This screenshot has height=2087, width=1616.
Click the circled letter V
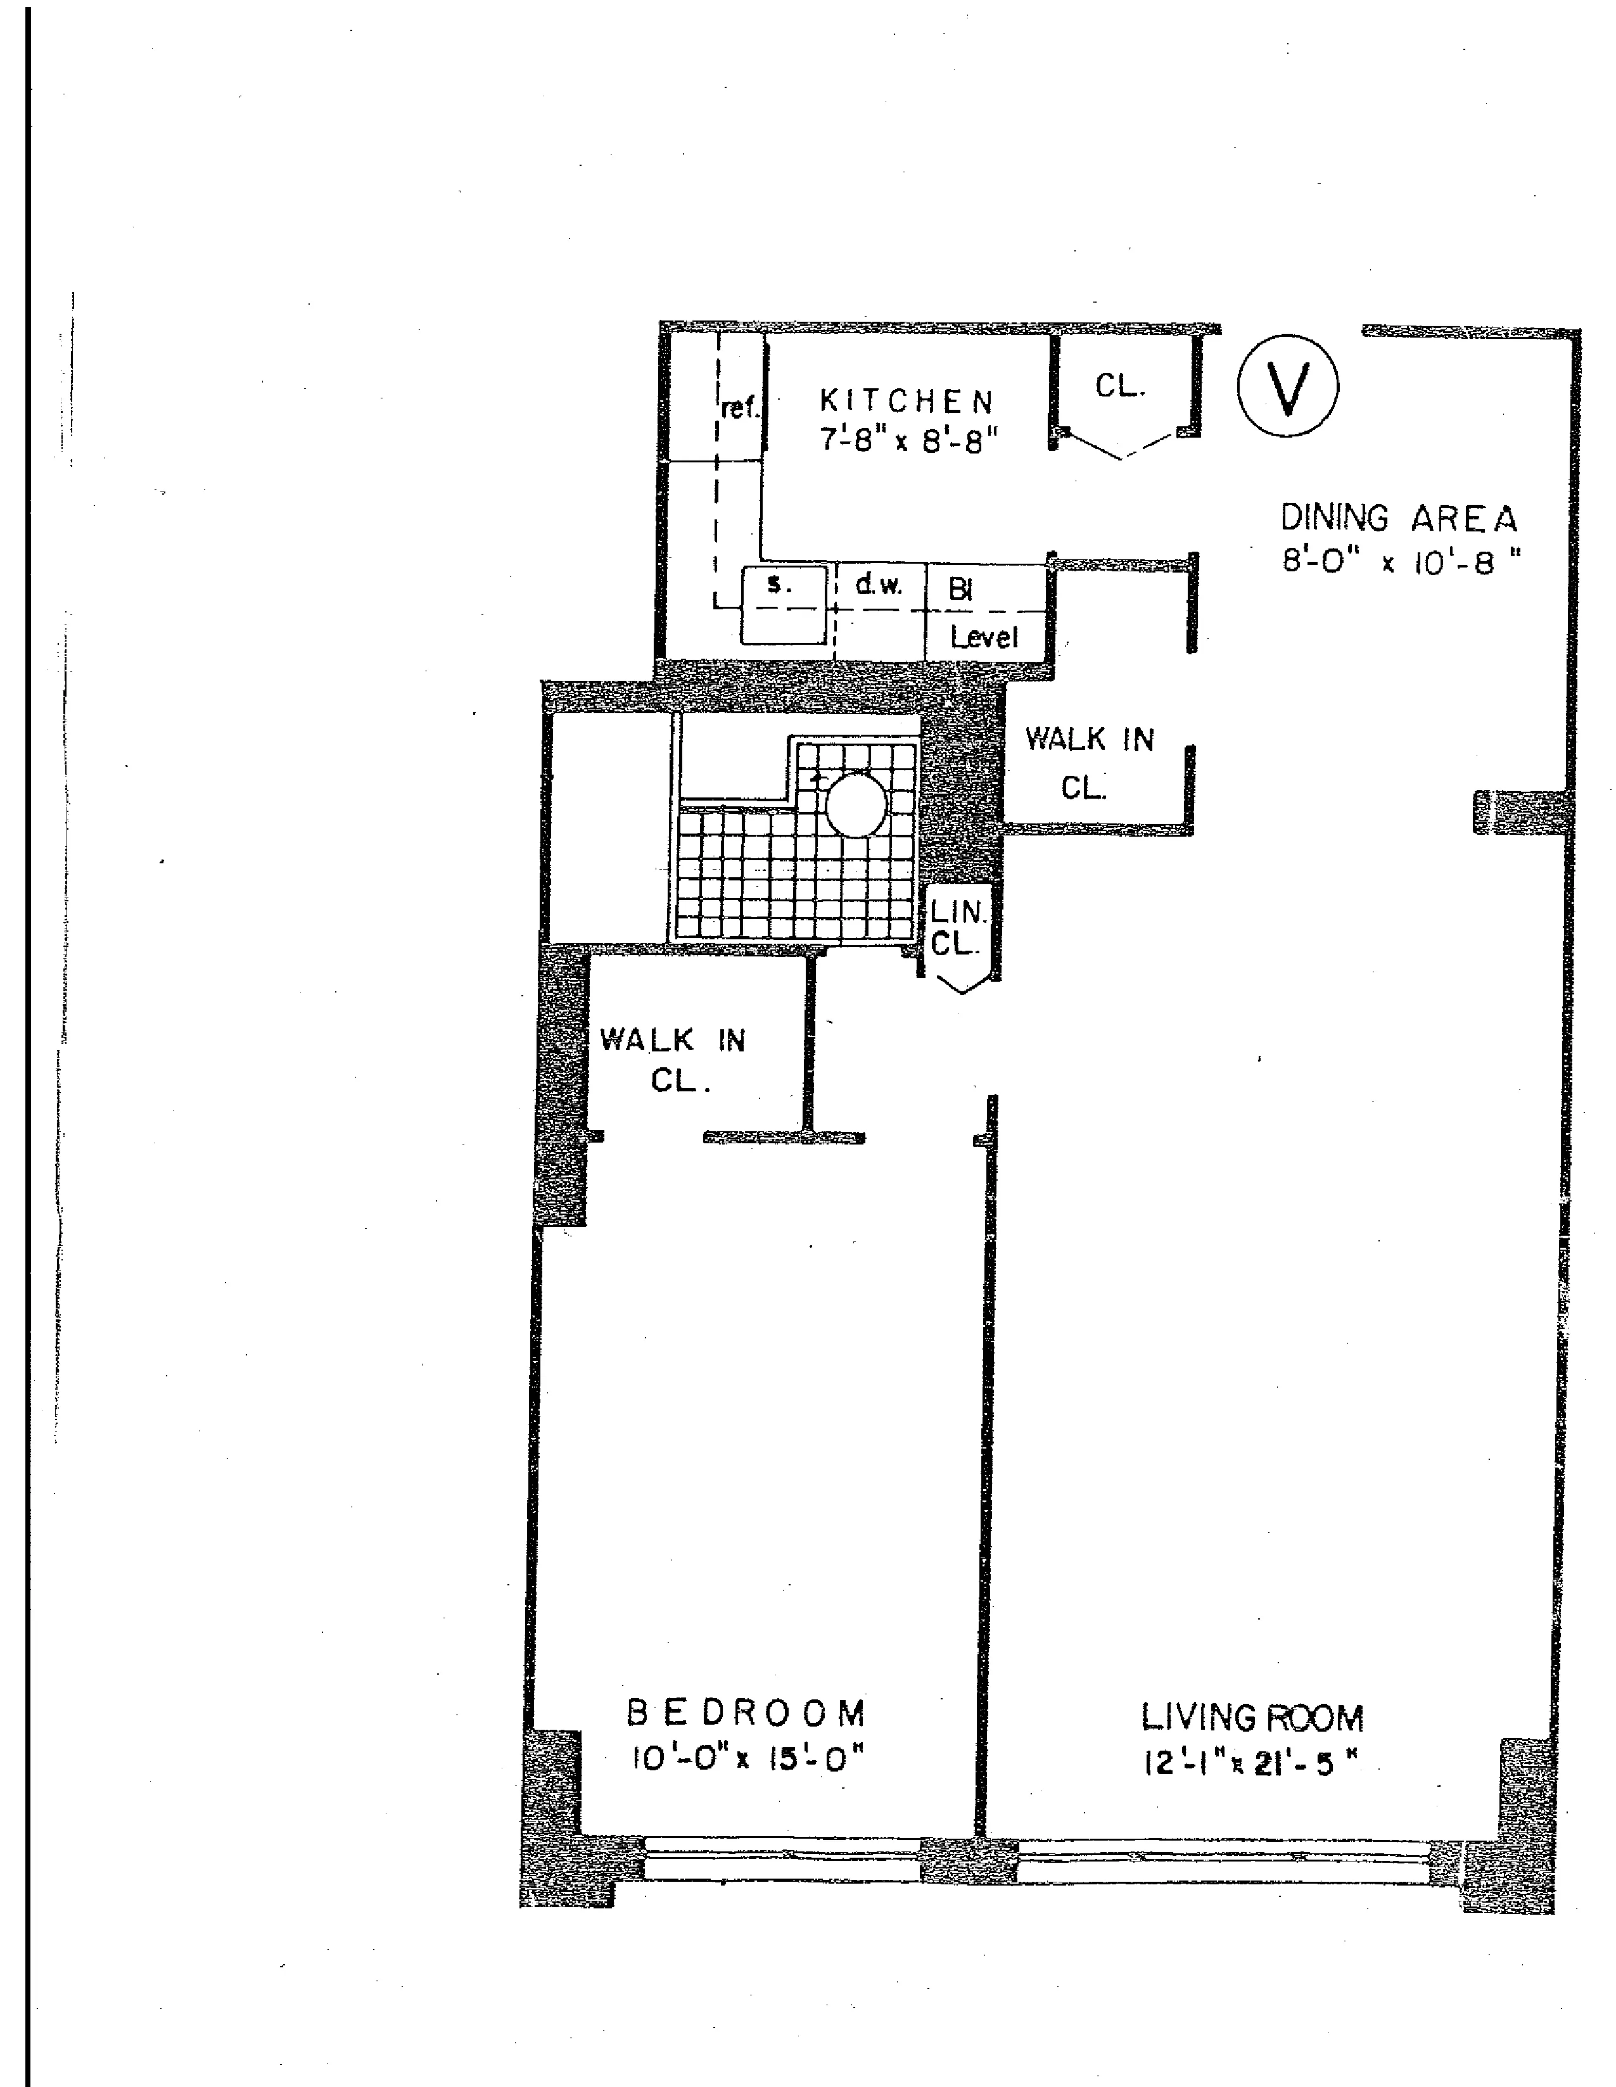(x=1287, y=387)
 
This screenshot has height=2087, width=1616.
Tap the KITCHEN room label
(x=907, y=400)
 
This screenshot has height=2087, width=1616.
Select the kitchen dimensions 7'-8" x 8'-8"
(x=909, y=441)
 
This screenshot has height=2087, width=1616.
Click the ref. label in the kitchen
(x=741, y=409)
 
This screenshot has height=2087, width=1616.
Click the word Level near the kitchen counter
(x=983, y=637)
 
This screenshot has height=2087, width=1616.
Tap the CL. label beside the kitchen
(x=1120, y=386)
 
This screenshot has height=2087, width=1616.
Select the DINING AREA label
(x=1398, y=519)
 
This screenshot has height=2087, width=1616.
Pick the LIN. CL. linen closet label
(x=958, y=928)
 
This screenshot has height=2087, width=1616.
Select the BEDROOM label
(x=746, y=1713)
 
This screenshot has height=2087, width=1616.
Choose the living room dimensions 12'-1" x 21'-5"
(x=1250, y=1763)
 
